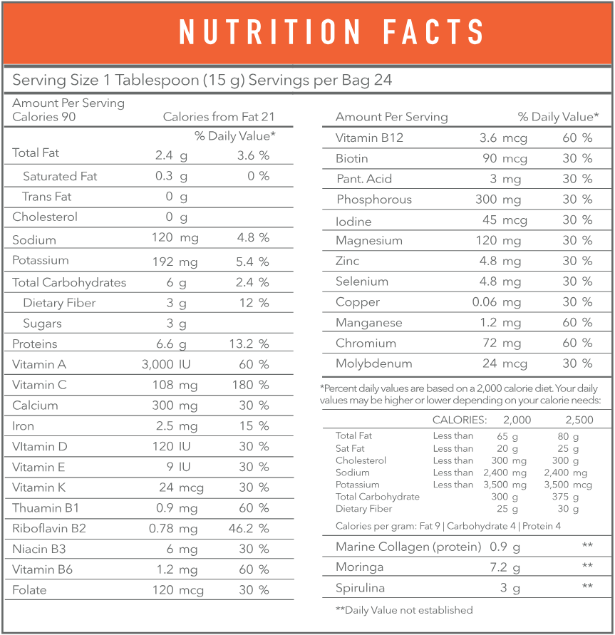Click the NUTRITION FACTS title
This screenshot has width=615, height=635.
pyautogui.click(x=331, y=32)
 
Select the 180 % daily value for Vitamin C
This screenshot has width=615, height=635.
pyautogui.click(x=253, y=385)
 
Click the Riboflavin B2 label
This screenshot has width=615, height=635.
pyautogui.click(x=50, y=529)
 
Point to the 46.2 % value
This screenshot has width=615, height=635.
pyautogui.click(x=253, y=529)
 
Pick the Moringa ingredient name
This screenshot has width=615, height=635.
pyautogui.click(x=360, y=567)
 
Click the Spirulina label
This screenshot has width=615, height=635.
pyautogui.click(x=361, y=588)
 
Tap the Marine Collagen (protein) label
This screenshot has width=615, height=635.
pyautogui.click(x=407, y=547)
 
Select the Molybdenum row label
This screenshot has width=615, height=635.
pyautogui.click(x=373, y=363)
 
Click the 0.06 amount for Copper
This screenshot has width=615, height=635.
pyautogui.click(x=485, y=302)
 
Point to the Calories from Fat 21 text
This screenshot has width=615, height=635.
pyautogui.click(x=219, y=117)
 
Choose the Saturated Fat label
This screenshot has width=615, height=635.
pyautogui.click(x=60, y=176)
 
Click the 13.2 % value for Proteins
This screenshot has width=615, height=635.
pyautogui.click(x=253, y=344)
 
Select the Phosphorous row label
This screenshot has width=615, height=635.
pyautogui.click(x=374, y=200)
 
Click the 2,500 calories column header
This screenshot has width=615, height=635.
pyautogui.click(x=578, y=420)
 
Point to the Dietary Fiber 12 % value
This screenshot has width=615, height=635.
pyautogui.click(x=255, y=303)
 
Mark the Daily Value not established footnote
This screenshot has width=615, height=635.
pyautogui.click(x=404, y=610)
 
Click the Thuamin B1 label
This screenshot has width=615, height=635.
pyautogui.click(x=46, y=508)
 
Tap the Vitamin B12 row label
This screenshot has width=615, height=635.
pyautogui.click(x=369, y=138)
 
